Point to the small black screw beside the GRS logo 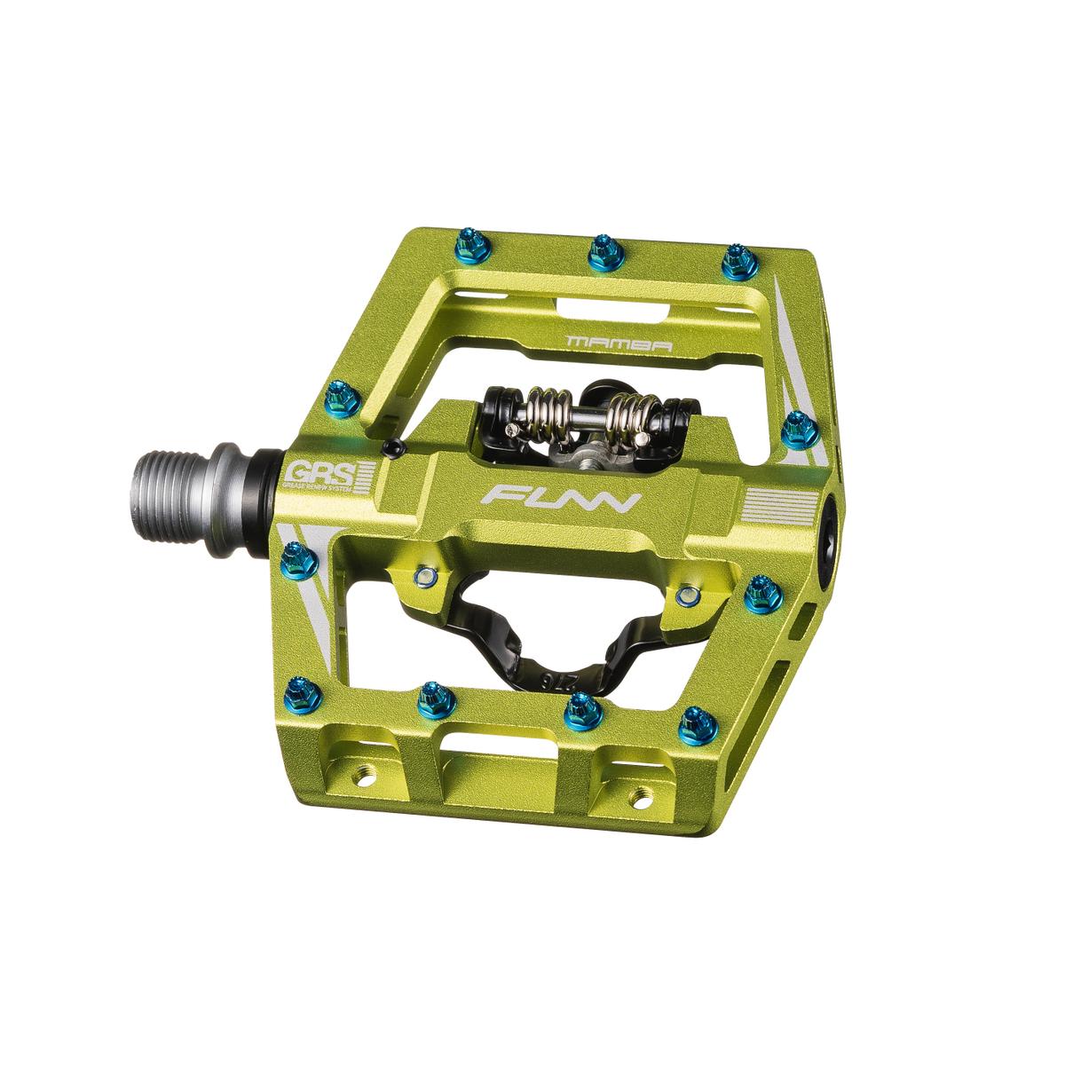pyautogui.click(x=391, y=447)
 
